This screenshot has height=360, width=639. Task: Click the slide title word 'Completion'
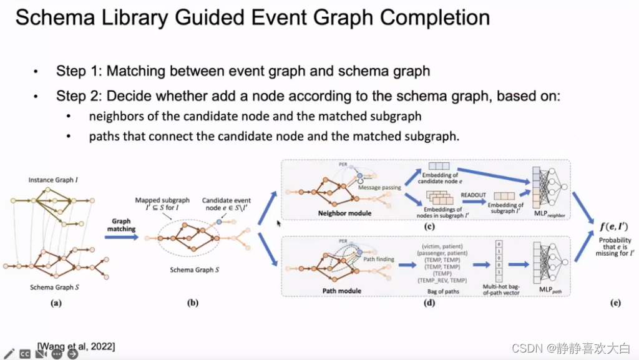click(x=437, y=17)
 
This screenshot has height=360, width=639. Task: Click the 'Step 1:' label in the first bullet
click(x=79, y=71)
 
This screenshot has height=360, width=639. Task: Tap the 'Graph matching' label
click(x=121, y=225)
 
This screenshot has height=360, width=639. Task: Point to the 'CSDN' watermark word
click(x=525, y=348)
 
